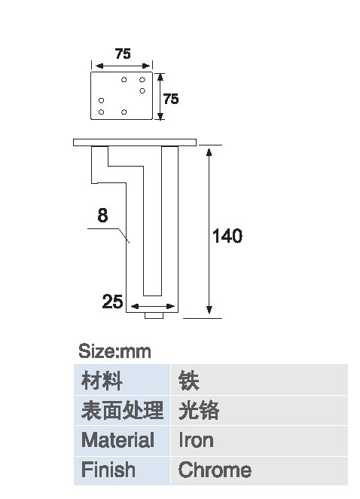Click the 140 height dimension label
[x=227, y=236]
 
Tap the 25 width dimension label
[x=112, y=302]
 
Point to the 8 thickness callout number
[x=102, y=215]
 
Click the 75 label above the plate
[x=123, y=54]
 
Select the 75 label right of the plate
[x=171, y=99]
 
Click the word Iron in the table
[x=196, y=440]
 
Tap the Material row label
[x=117, y=439]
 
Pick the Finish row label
[x=108, y=469]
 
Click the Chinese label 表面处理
[x=123, y=410]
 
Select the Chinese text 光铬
[x=199, y=410]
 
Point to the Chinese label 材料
[x=102, y=381]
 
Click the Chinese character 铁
[x=188, y=381]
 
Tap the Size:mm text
[x=114, y=351]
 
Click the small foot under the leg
[x=154, y=315]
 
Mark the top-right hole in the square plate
[x=142, y=80]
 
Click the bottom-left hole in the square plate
[x=101, y=112]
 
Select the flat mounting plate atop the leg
[x=135, y=142]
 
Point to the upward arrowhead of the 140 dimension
[x=209, y=152]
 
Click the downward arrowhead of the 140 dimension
[x=209, y=310]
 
